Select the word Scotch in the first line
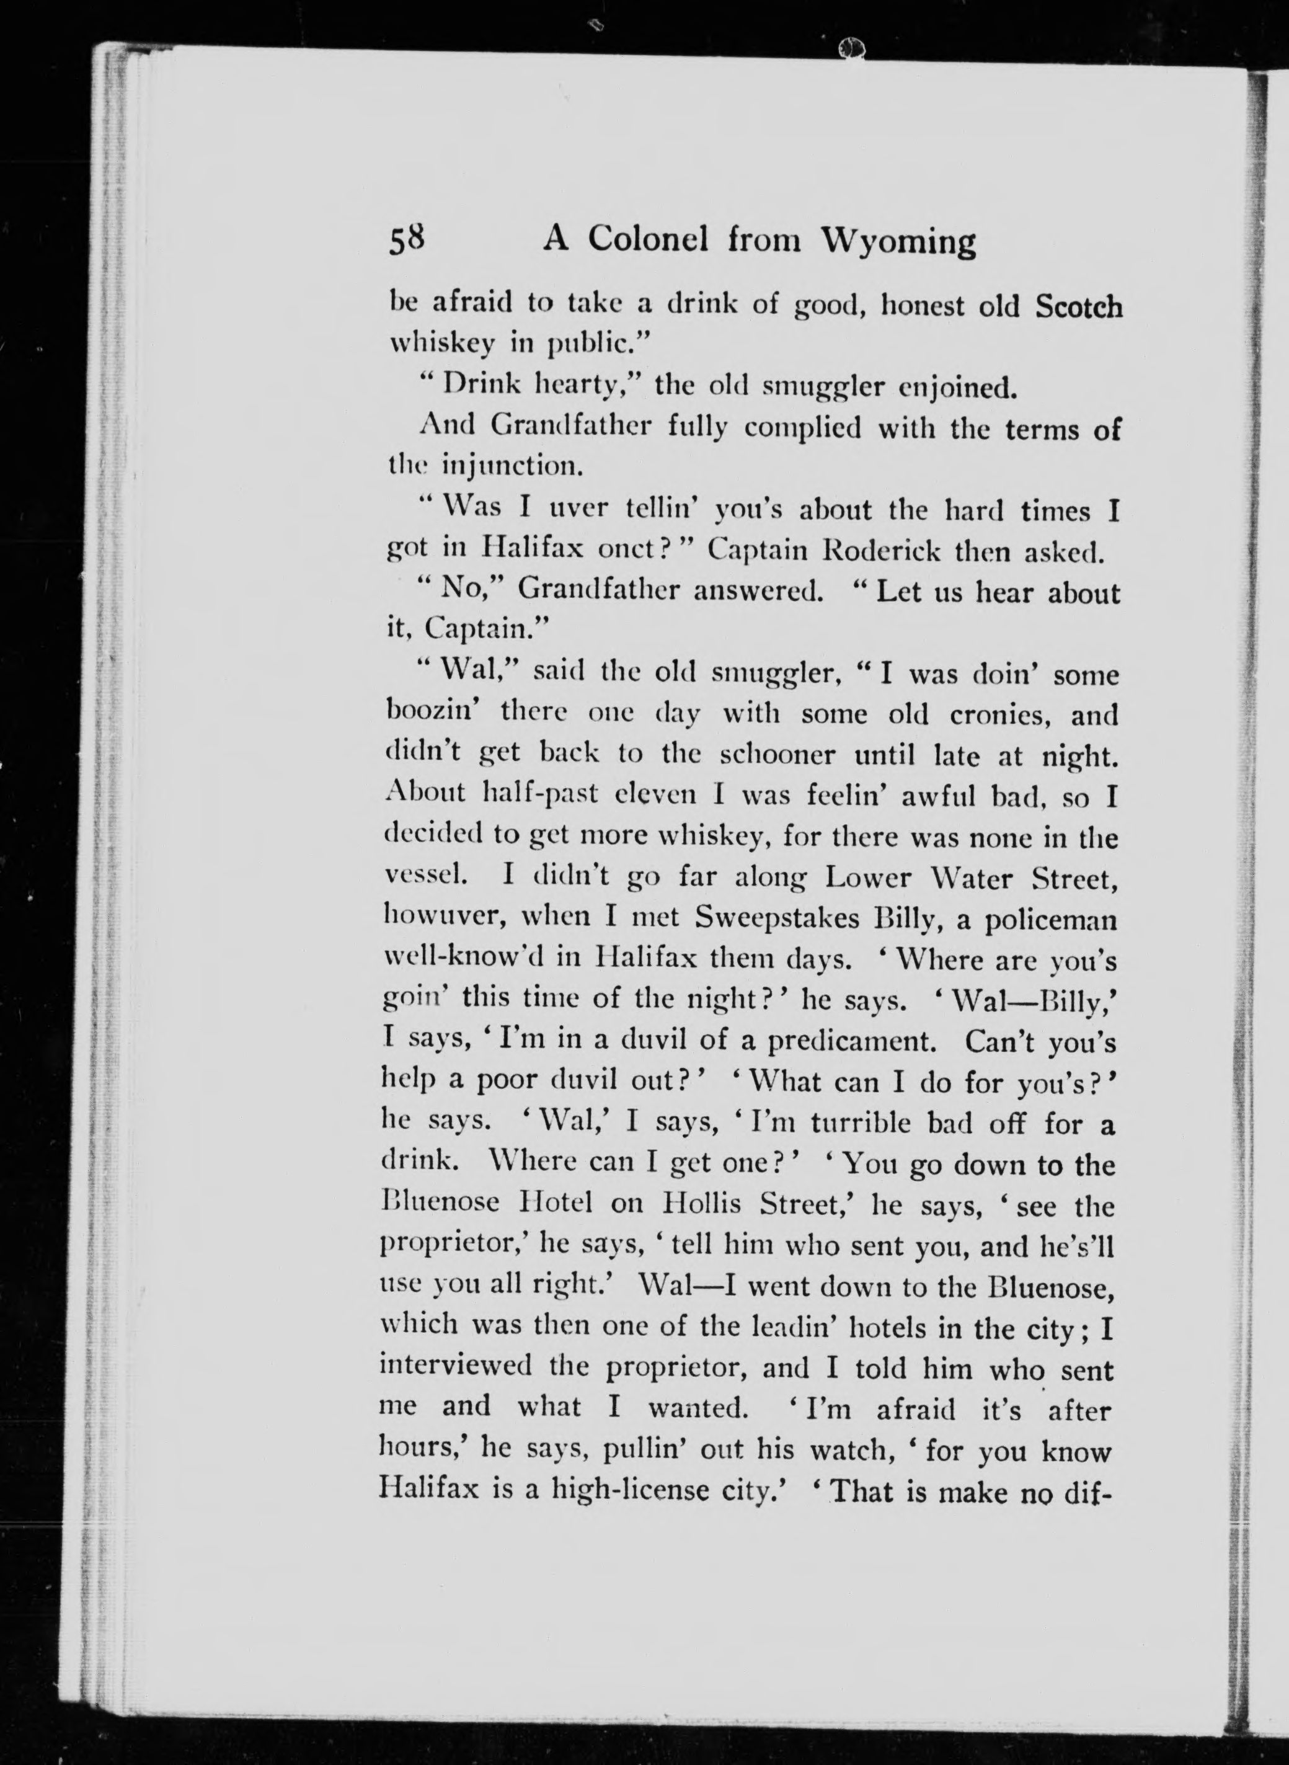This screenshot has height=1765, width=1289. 1078,306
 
